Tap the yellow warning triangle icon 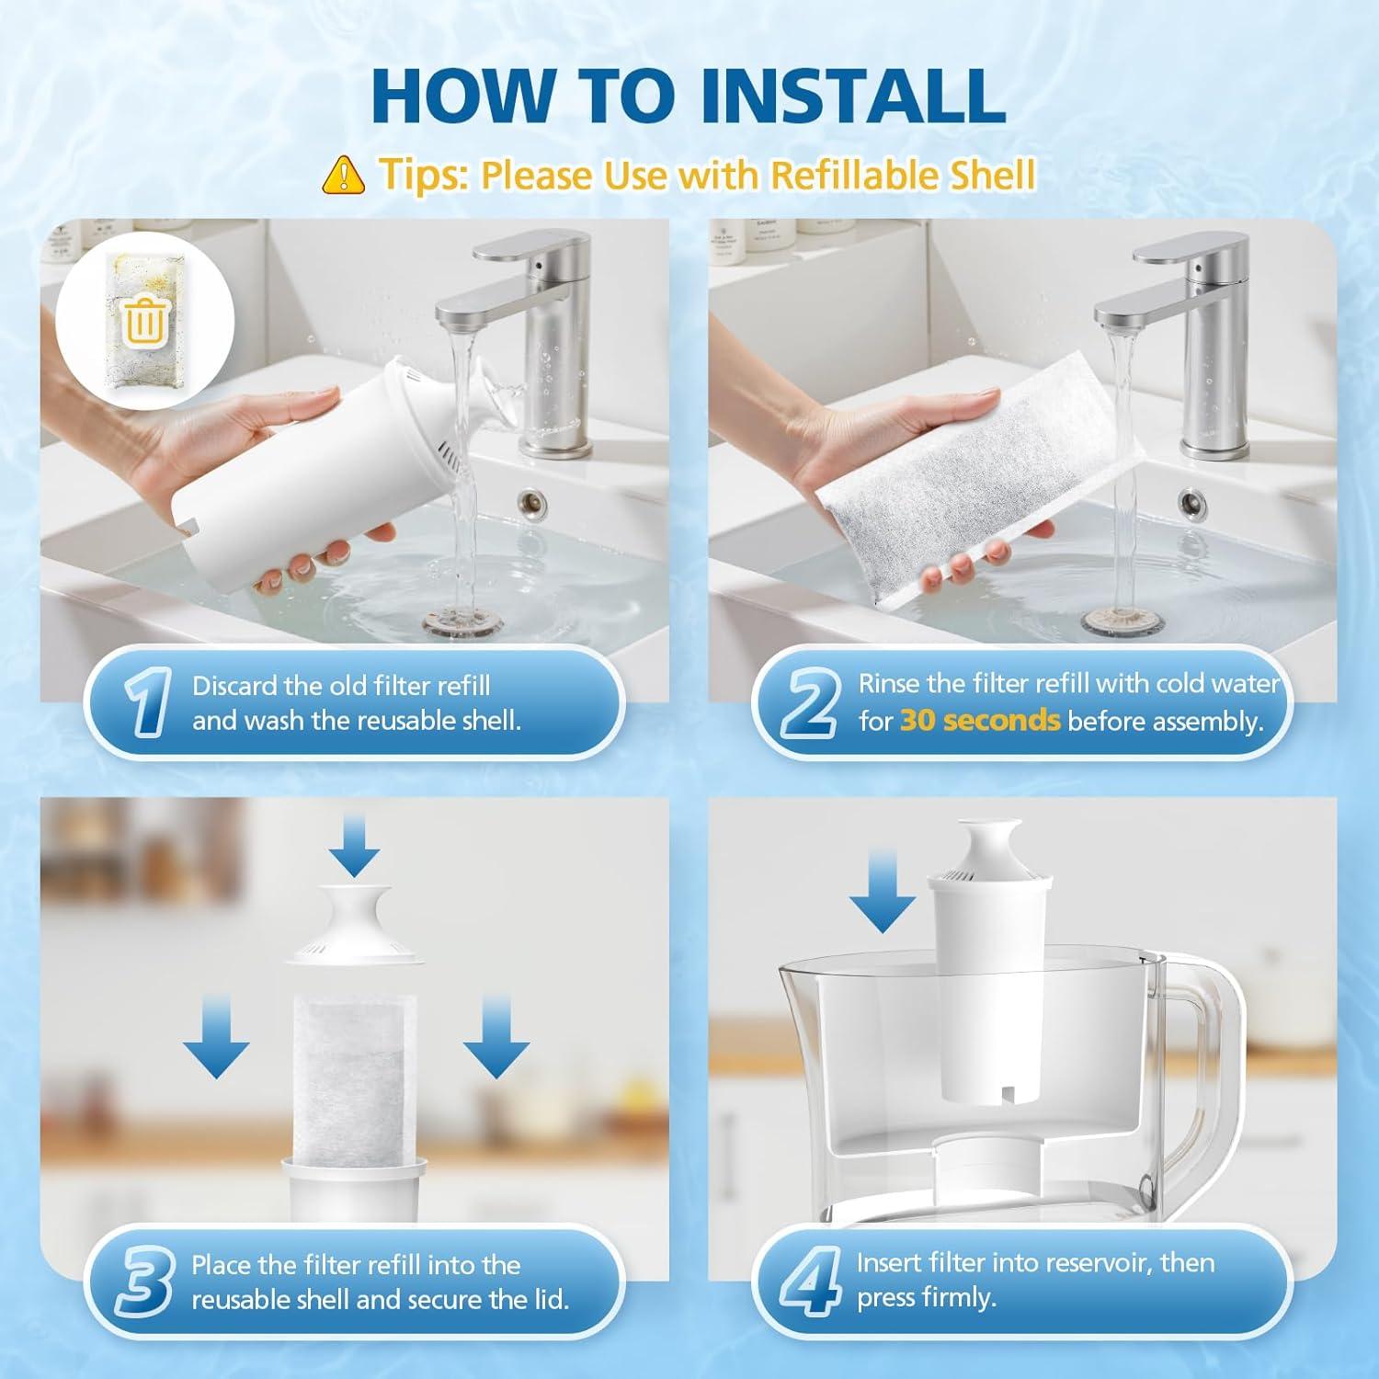coord(344,174)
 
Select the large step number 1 coord(146,703)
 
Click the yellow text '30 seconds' coord(979,721)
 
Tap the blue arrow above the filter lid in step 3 coord(355,847)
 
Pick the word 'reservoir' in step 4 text coord(1085,1263)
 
